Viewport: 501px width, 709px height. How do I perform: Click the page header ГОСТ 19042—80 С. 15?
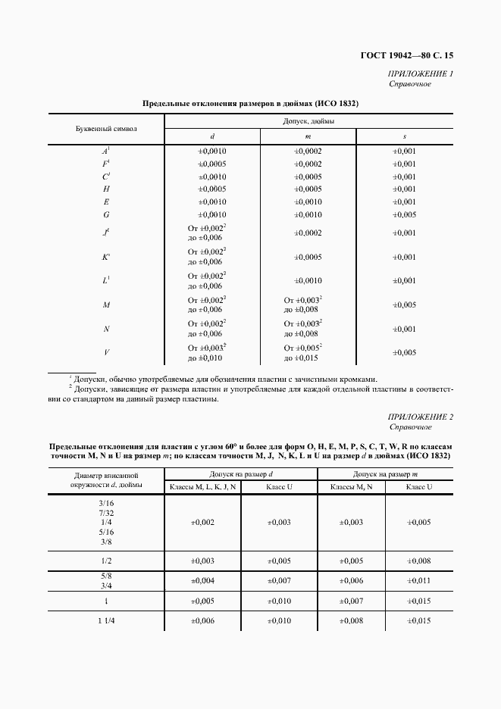tap(410, 55)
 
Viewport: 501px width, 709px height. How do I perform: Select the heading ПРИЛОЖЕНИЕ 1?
tap(420, 73)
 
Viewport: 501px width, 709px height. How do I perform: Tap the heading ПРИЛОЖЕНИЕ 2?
tap(420, 417)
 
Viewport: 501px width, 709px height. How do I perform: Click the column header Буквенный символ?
tap(106, 129)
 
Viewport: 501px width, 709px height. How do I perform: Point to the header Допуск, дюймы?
tap(308, 121)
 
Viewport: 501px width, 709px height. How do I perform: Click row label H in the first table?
tap(107, 189)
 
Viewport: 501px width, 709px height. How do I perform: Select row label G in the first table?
tap(107, 214)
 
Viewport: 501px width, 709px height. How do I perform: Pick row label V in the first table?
tap(107, 352)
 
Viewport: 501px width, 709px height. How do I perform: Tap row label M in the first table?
tap(107, 305)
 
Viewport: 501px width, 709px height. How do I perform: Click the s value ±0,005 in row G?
tap(404, 214)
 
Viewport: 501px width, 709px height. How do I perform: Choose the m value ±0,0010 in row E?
tap(308, 201)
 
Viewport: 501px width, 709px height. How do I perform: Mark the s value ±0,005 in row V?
tap(404, 352)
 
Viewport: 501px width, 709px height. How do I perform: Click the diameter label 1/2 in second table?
tap(106, 561)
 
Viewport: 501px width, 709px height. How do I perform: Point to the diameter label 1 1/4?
tap(106, 621)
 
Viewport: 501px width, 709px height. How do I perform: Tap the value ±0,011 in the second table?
tap(419, 580)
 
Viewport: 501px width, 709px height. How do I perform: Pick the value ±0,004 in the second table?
tap(203, 580)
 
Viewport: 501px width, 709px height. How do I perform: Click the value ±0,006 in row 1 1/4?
tap(203, 621)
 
